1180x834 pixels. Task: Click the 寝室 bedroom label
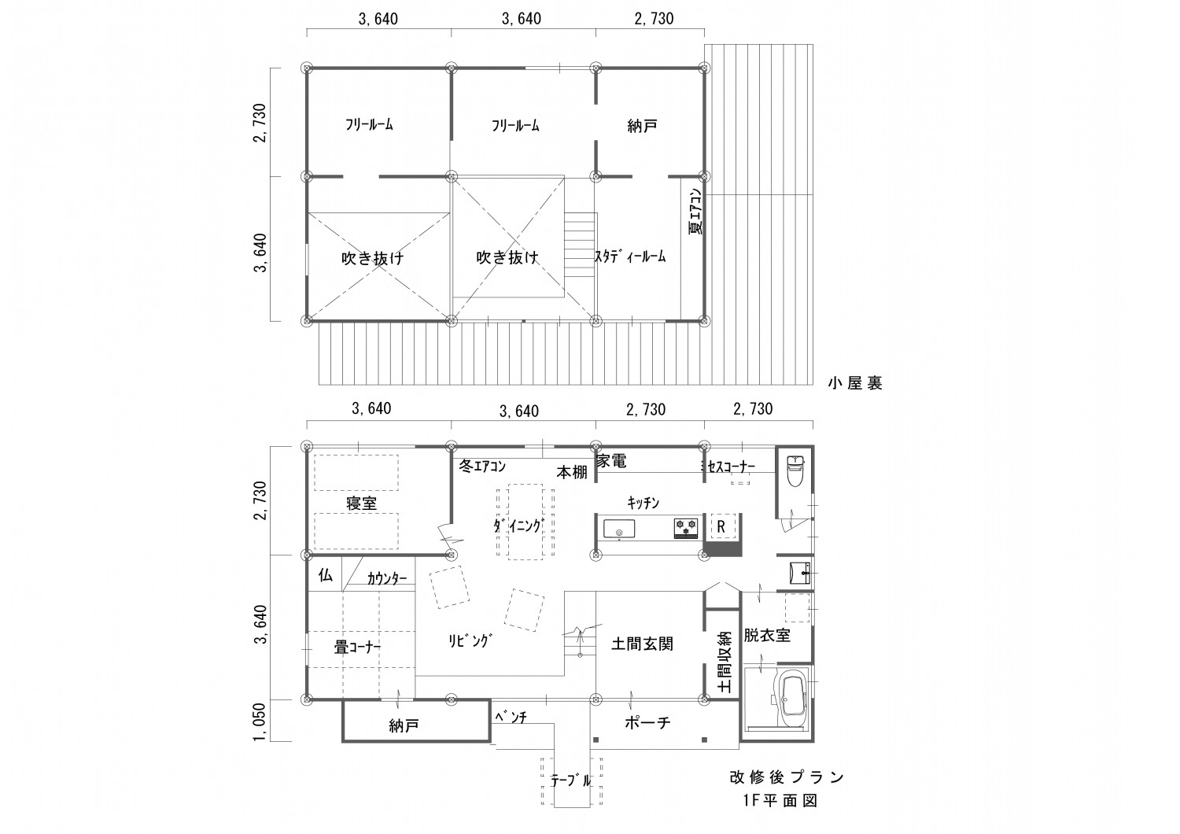click(x=361, y=504)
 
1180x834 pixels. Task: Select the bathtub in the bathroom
click(x=789, y=697)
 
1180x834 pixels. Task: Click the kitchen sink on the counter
click(x=620, y=529)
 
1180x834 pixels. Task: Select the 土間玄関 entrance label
click(x=642, y=644)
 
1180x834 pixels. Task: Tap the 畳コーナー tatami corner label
click(x=358, y=648)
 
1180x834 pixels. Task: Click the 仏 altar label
click(x=325, y=575)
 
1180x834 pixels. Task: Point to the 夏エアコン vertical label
click(x=695, y=212)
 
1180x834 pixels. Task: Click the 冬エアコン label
click(x=481, y=467)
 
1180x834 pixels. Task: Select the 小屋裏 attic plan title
click(x=854, y=383)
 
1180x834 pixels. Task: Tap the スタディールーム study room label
click(x=630, y=256)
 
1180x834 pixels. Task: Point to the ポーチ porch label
click(x=648, y=723)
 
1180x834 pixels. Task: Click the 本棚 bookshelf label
click(x=572, y=472)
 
